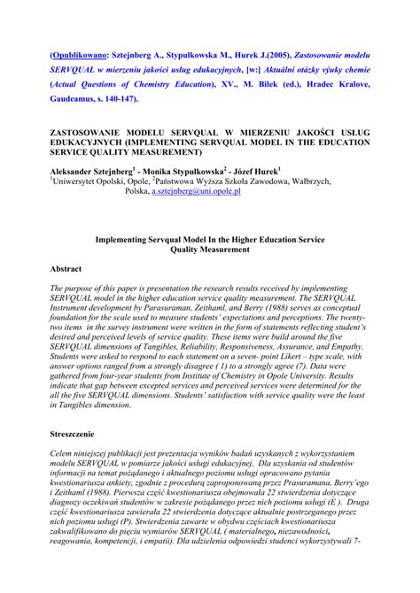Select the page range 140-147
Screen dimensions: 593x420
pyautogui.click(x=159, y=99)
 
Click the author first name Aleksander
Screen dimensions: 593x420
pyautogui.click(x=78, y=171)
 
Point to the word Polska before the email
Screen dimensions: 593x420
pyautogui.click(x=136, y=191)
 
